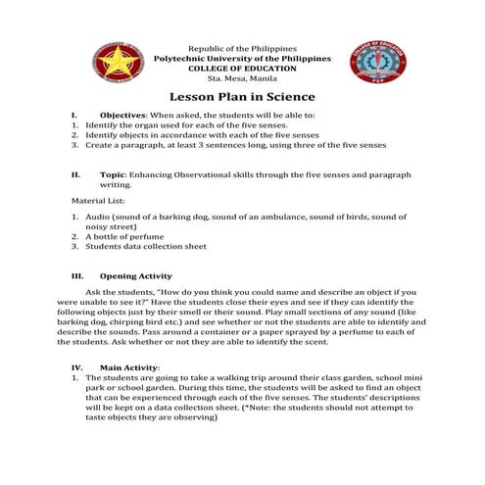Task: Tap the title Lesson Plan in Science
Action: [242, 97]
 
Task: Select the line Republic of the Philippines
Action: [242, 49]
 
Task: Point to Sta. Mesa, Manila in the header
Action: [242, 77]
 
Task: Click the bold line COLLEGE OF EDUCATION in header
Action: [242, 68]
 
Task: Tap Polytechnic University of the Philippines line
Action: [242, 59]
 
